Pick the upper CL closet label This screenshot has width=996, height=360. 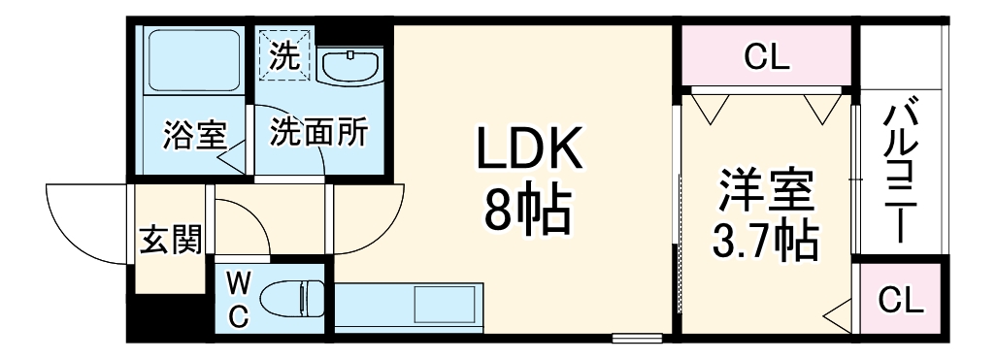click(x=767, y=57)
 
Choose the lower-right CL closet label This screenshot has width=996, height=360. click(x=902, y=301)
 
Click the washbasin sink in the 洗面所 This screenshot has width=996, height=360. click(x=348, y=65)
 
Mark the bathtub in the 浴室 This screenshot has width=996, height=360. click(x=192, y=62)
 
